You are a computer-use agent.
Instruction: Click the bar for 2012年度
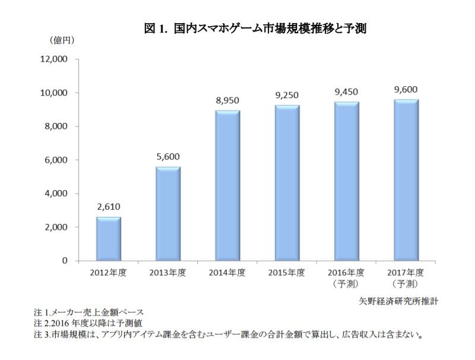(109, 239)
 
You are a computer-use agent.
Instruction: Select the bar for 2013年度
(168, 214)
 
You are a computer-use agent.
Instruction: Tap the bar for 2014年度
(227, 185)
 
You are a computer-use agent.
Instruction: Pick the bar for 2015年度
(287, 183)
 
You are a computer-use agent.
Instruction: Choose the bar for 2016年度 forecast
(347, 181)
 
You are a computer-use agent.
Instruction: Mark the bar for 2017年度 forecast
(406, 180)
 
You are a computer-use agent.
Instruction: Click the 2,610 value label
(109, 207)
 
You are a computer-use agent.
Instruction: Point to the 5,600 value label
(168, 157)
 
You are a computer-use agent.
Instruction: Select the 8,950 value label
(227, 100)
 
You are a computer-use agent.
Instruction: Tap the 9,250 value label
(287, 95)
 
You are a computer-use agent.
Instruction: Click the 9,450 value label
(347, 92)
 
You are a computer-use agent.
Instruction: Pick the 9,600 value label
(406, 89)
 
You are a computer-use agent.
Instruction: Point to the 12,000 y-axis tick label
(54, 59)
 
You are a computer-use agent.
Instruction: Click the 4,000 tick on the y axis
(56, 193)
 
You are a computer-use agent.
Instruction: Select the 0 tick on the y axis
(65, 261)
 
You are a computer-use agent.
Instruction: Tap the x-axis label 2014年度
(227, 273)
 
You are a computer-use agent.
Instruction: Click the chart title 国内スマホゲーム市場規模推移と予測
(270, 29)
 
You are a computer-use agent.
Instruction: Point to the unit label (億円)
(62, 40)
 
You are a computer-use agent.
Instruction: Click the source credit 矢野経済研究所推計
(398, 301)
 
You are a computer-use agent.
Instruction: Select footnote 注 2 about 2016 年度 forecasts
(88, 323)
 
